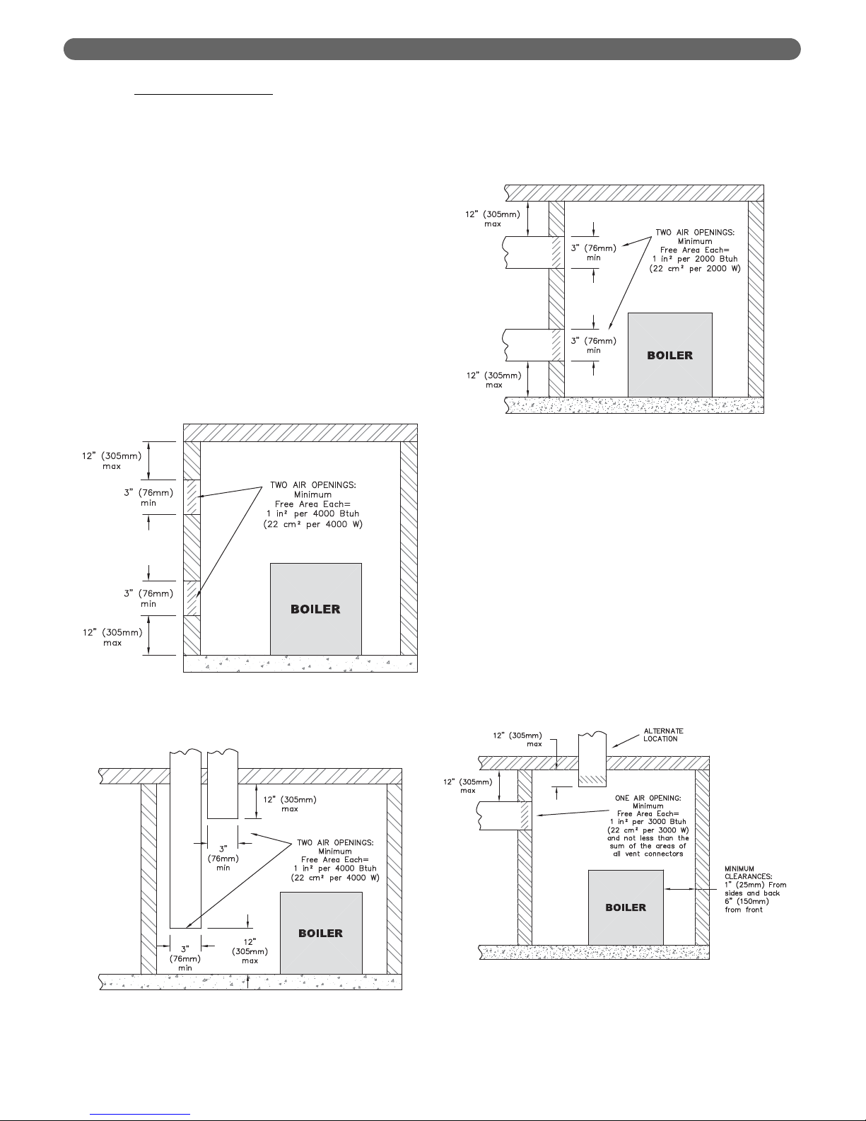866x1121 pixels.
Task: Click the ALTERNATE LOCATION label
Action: pyautogui.click(x=663, y=735)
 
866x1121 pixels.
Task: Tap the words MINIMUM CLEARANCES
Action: pyautogui.click(x=748, y=872)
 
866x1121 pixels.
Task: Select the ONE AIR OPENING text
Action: pyautogui.click(x=648, y=798)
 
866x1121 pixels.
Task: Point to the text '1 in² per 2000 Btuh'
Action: pyautogui.click(x=695, y=259)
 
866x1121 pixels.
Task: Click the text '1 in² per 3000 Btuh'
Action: pyautogui.click(x=648, y=821)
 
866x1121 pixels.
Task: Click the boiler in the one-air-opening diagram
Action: pyautogui.click(x=626, y=907)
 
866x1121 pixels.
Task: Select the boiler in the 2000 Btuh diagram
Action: pyautogui.click(x=670, y=355)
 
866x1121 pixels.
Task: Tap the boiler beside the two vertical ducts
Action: pyautogui.click(x=321, y=933)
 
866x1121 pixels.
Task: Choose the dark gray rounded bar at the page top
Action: pyautogui.click(x=432, y=49)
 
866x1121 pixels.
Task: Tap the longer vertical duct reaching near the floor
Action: pyautogui.click(x=185, y=839)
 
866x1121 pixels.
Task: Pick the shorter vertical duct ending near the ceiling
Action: pyautogui.click(x=223, y=784)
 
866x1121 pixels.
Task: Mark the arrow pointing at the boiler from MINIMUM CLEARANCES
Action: pyautogui.click(x=679, y=889)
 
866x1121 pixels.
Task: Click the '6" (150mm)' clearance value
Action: pyautogui.click(x=747, y=901)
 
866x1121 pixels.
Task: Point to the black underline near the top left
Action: pyautogui.click(x=203, y=94)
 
